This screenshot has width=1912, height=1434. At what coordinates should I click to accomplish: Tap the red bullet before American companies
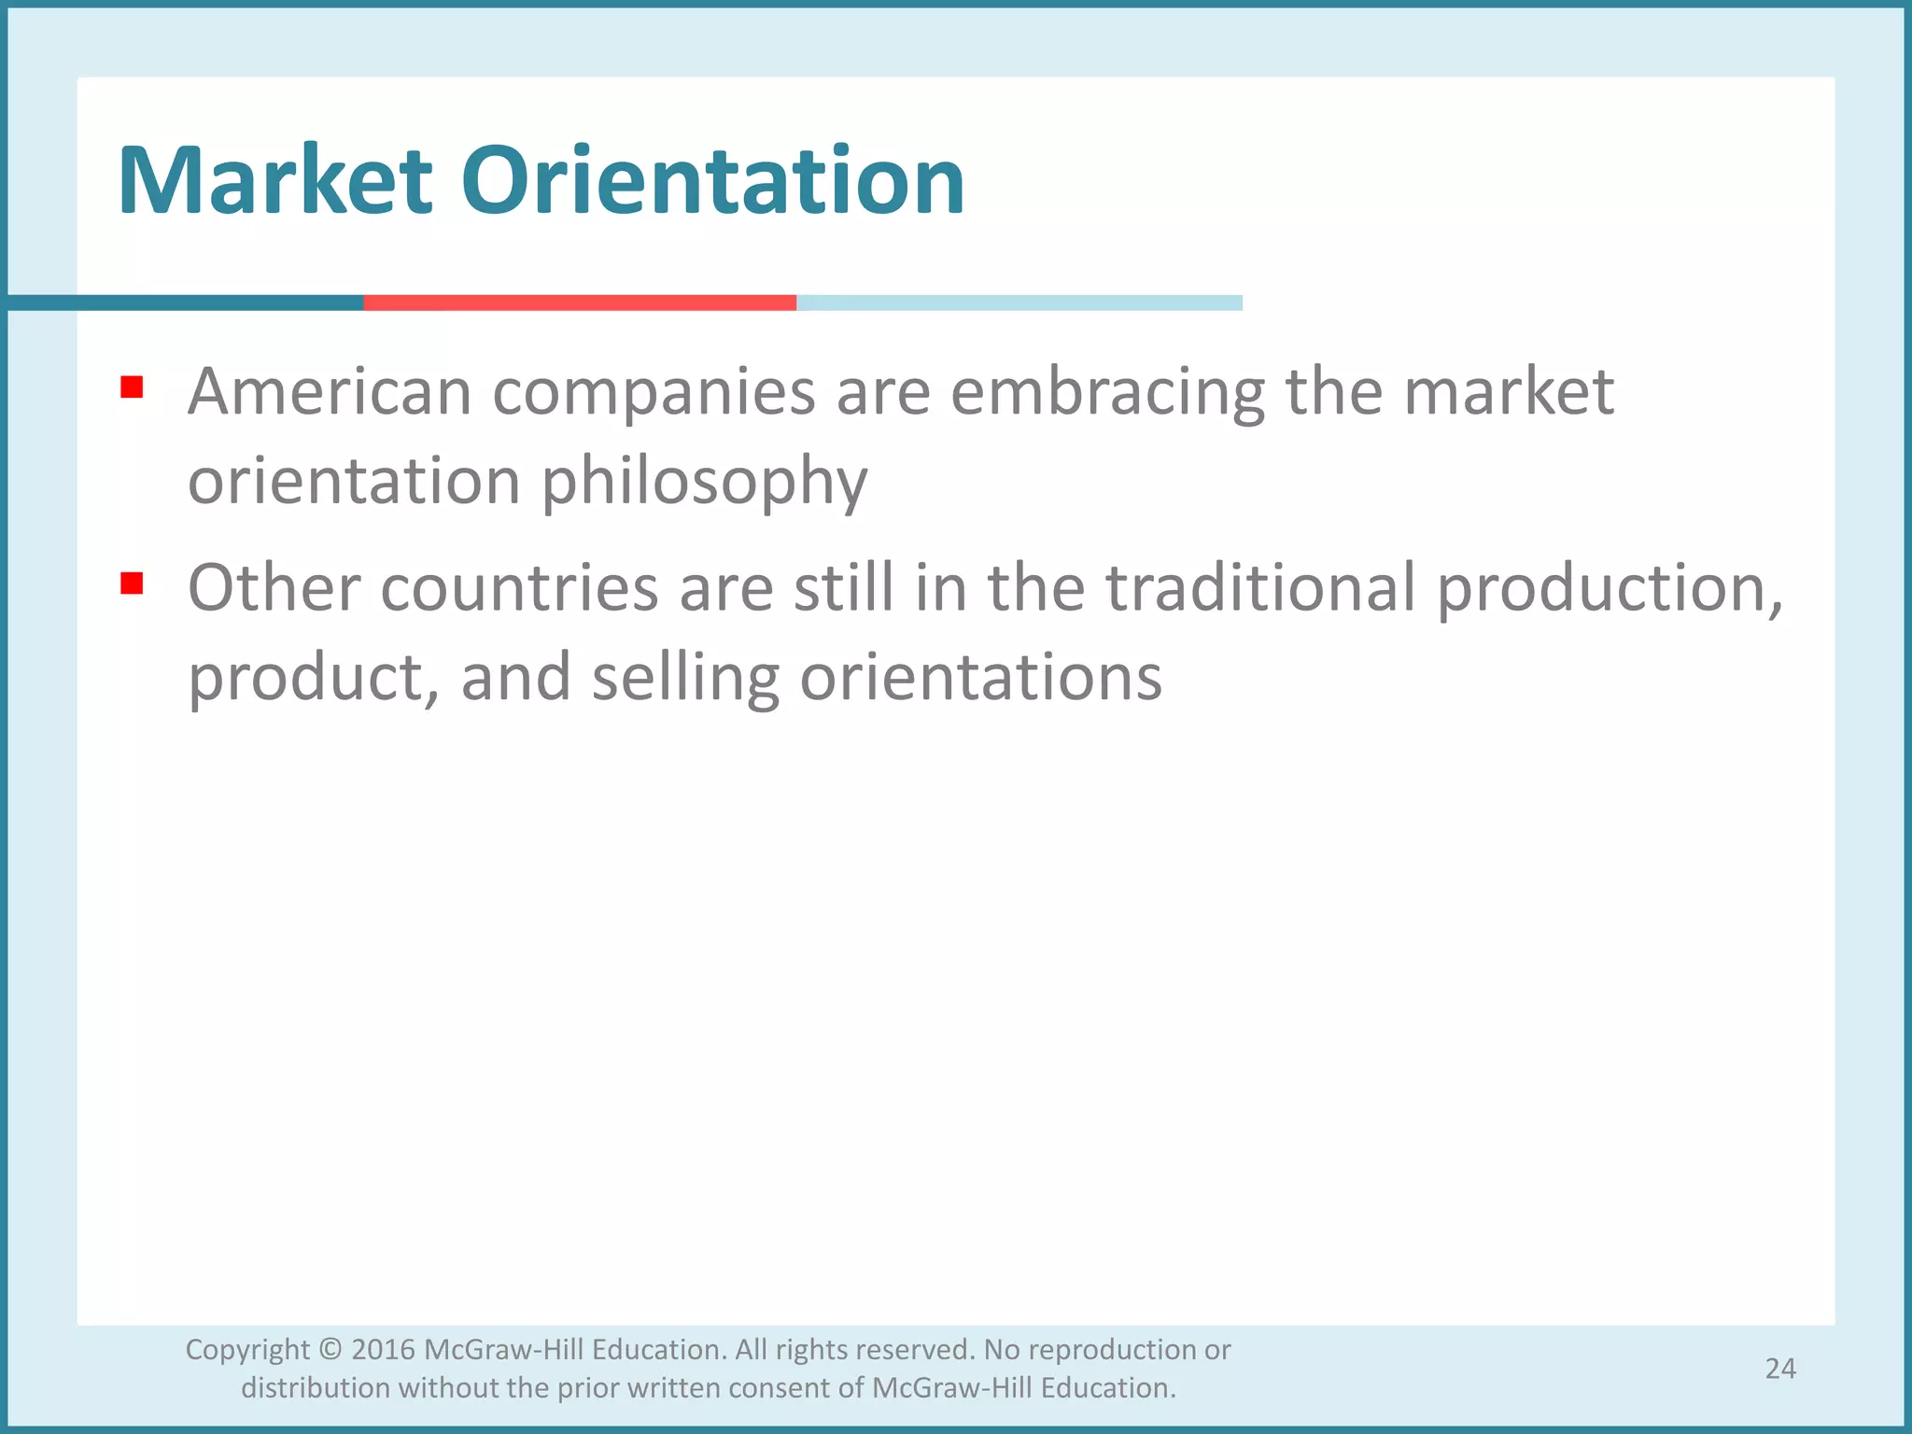tap(132, 387)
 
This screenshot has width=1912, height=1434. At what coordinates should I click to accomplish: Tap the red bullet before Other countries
tap(132, 583)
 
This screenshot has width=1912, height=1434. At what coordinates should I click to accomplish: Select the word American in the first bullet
tap(330, 391)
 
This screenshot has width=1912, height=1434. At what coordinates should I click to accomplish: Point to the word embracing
tap(1107, 393)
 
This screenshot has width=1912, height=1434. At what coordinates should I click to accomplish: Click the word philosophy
tap(705, 483)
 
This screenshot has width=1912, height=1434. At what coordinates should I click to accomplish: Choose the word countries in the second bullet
tap(519, 588)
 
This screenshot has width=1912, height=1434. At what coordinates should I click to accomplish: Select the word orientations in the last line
tap(981, 678)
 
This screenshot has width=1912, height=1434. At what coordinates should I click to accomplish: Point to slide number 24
tap(1780, 1369)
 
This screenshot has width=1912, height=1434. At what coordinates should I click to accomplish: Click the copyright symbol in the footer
tap(330, 1350)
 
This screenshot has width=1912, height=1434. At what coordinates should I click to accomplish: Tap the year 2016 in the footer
tap(384, 1350)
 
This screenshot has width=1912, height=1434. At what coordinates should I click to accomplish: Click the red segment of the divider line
tap(580, 302)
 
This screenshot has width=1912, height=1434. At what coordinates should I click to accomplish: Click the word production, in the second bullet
tap(1610, 590)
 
